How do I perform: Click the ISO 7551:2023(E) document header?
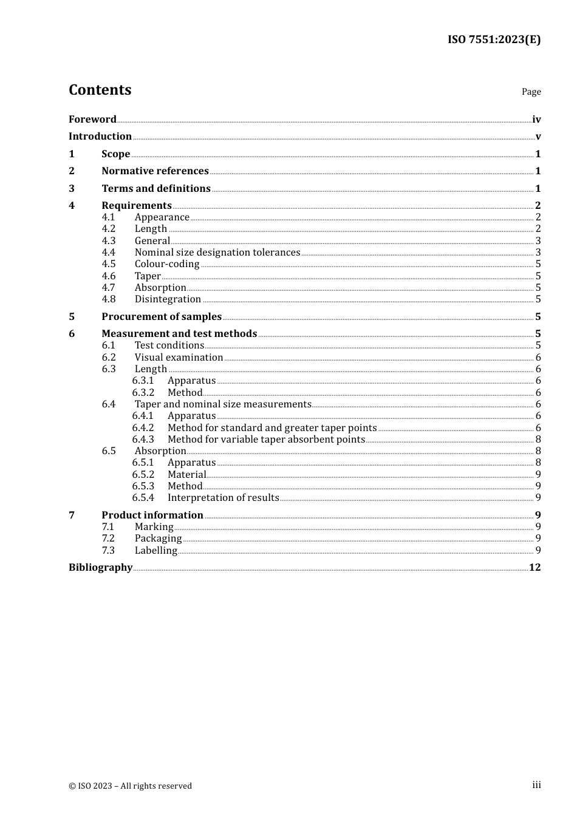coord(494,39)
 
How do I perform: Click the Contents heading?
coord(100,90)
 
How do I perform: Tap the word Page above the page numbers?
coord(531,92)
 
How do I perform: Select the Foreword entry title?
coord(92,119)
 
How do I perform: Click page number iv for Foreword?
coord(536,120)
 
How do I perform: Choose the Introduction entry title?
coord(100,136)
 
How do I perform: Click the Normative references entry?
coord(155,171)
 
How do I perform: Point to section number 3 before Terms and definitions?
coord(72,188)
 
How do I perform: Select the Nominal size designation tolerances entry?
coord(217,252)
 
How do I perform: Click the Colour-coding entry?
coord(167,263)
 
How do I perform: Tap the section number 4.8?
coord(109,299)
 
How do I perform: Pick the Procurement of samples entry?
coord(162,316)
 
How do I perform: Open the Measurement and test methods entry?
coord(179,333)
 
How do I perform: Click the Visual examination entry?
coord(179,357)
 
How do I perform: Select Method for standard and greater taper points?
coord(272,427)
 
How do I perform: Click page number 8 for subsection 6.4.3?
coord(538,439)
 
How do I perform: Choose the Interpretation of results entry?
coord(223,497)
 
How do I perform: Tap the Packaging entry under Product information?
coord(158,538)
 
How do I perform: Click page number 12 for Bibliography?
coord(534,567)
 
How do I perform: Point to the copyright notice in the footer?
coord(130,786)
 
